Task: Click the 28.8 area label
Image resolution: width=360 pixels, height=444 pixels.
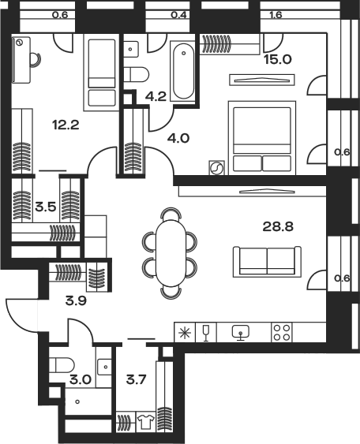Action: (x=278, y=226)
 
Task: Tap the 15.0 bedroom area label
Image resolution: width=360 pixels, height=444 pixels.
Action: (x=278, y=59)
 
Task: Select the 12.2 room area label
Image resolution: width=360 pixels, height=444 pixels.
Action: (x=66, y=125)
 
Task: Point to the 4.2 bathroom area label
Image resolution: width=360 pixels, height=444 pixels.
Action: (x=156, y=96)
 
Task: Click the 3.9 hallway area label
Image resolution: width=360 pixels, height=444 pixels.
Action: (x=76, y=300)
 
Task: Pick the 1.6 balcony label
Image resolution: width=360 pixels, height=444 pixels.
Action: (x=276, y=14)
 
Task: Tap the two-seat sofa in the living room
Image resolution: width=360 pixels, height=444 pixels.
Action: (x=267, y=262)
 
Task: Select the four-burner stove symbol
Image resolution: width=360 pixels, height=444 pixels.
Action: (x=282, y=332)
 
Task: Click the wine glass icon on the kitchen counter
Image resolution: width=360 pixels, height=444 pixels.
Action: (x=206, y=333)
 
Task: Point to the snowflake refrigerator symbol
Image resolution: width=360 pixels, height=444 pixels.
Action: (x=185, y=332)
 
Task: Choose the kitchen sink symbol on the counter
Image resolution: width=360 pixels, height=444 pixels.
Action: (x=241, y=333)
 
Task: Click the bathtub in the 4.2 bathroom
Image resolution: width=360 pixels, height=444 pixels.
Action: (x=184, y=71)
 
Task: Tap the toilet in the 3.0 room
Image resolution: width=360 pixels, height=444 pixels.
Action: (x=62, y=365)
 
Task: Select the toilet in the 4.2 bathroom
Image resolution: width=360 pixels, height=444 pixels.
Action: (x=137, y=74)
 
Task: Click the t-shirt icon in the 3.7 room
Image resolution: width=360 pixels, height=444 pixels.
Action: (x=146, y=421)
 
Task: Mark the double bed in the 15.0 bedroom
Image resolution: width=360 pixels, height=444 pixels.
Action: (x=262, y=138)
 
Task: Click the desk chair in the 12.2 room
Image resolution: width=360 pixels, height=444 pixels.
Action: (x=36, y=60)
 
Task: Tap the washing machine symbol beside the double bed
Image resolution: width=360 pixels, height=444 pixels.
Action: (x=216, y=168)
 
